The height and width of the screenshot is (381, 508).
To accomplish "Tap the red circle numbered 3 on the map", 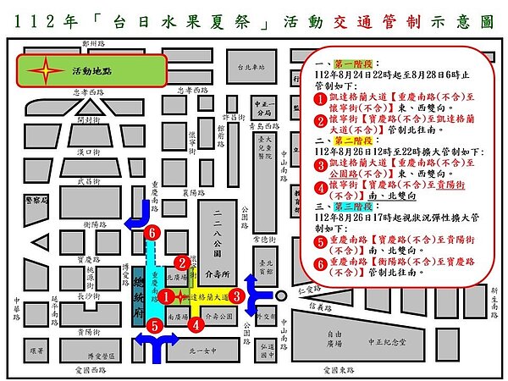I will point(238,296).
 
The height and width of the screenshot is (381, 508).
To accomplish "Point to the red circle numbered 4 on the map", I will point(196,323).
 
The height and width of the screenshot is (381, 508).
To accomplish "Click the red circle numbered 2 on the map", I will point(181,263).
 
